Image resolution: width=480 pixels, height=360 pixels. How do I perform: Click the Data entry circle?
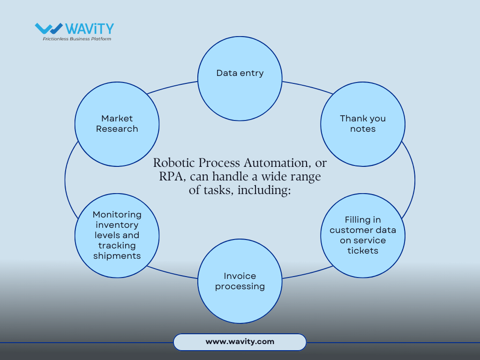click(240, 78)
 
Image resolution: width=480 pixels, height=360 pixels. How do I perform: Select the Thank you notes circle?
click(362, 124)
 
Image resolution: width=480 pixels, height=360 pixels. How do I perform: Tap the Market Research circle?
click(117, 124)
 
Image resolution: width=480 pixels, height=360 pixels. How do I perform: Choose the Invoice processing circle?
click(240, 281)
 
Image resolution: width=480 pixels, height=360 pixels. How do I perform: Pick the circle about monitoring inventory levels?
click(117, 235)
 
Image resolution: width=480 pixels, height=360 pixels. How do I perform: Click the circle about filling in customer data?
click(362, 235)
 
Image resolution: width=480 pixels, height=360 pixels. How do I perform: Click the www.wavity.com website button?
click(240, 342)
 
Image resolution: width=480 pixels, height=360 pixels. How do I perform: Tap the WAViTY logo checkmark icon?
click(49, 29)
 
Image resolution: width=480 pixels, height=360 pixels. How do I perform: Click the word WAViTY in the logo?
click(90, 29)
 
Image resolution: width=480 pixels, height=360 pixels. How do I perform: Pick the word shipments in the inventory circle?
click(117, 256)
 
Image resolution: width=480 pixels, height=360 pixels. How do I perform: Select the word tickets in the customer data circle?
click(362, 251)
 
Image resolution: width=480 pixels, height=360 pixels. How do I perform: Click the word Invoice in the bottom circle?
click(240, 276)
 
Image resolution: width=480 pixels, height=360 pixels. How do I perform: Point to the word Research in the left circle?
click(117, 129)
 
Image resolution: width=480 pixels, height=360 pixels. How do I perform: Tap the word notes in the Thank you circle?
click(362, 129)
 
